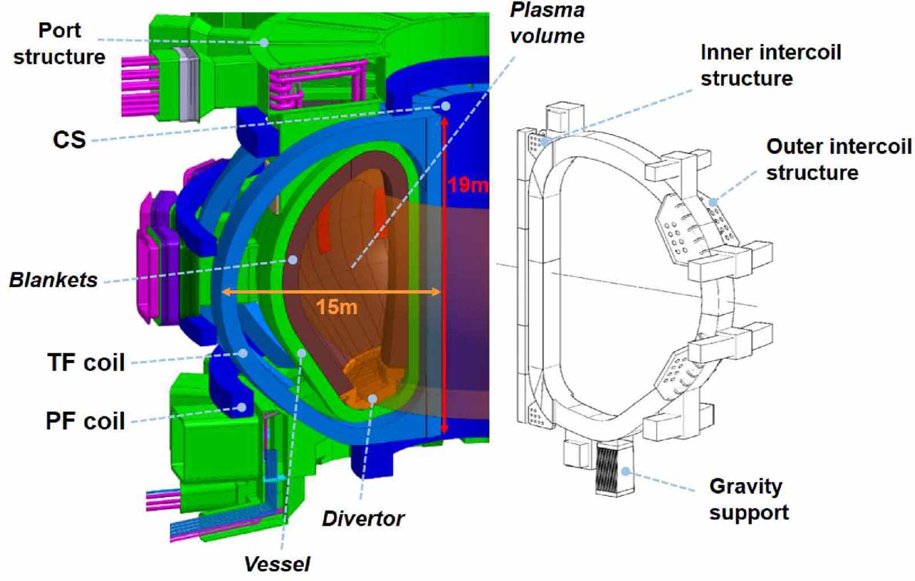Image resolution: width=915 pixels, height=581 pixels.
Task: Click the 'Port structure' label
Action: click(59, 43)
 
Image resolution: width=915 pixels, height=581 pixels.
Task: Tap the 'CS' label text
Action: click(69, 139)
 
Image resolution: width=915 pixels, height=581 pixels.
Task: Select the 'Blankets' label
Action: click(53, 280)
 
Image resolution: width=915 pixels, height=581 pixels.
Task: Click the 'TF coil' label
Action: click(86, 362)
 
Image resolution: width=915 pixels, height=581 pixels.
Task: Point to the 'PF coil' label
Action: click(85, 421)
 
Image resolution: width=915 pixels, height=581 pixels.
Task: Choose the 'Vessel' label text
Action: click(277, 564)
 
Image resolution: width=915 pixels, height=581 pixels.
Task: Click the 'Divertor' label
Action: click(363, 518)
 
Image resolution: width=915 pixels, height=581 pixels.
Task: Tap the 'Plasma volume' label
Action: click(547, 23)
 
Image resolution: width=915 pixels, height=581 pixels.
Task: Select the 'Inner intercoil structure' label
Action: click(770, 65)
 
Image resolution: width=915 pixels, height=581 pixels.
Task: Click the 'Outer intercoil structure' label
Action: click(838, 159)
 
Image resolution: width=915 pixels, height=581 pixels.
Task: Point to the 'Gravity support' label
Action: click(749, 499)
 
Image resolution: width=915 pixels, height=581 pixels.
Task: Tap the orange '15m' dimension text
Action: click(336, 307)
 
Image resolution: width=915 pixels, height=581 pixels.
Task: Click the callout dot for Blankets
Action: click(293, 260)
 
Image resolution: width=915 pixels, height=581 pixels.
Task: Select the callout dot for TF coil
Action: click(243, 354)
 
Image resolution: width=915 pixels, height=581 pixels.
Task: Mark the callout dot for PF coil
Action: click(242, 407)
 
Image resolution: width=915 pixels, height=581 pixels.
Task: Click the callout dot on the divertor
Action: click(372, 398)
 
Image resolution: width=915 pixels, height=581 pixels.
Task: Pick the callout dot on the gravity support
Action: click(626, 472)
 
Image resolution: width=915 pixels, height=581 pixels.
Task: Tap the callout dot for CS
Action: click(445, 106)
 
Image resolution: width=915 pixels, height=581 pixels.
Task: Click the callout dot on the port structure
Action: click(264, 42)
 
